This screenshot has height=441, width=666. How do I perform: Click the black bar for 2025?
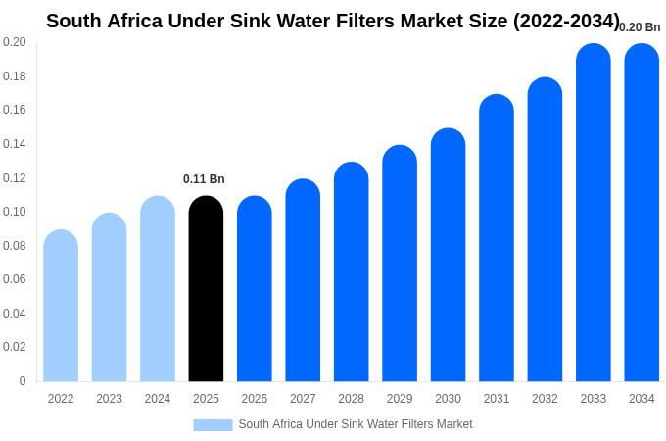pyautogui.click(x=206, y=289)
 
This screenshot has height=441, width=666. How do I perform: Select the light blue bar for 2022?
pyautogui.click(x=61, y=306)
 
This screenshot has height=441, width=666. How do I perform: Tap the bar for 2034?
pyautogui.click(x=642, y=213)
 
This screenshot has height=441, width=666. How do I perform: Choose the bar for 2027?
pyautogui.click(x=303, y=280)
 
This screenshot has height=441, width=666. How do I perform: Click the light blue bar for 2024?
pyautogui.click(x=158, y=289)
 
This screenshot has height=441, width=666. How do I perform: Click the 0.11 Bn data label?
pyautogui.click(x=204, y=179)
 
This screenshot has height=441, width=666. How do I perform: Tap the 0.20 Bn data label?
pyautogui.click(x=640, y=27)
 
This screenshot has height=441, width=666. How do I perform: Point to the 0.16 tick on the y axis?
pyautogui.click(x=15, y=110)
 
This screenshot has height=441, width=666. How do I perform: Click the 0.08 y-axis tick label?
pyautogui.click(x=15, y=246)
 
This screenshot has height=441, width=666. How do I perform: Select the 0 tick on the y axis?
pyautogui.click(x=22, y=381)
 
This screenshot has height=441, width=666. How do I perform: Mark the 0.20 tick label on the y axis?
pyautogui.click(x=15, y=42)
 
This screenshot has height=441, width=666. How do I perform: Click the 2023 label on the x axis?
pyautogui.click(x=109, y=399)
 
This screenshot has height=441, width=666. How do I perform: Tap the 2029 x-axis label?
pyautogui.click(x=400, y=399)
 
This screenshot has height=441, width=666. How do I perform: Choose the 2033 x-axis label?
pyautogui.click(x=593, y=399)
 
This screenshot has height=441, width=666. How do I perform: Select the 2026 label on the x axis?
pyautogui.click(x=255, y=399)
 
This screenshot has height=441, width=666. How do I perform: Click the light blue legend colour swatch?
pyautogui.click(x=213, y=425)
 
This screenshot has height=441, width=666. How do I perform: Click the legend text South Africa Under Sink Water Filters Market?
pyautogui.click(x=356, y=424)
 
